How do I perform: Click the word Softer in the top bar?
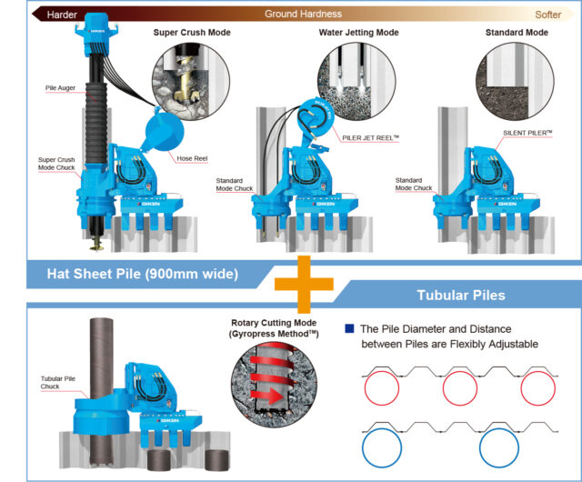(x=547, y=15)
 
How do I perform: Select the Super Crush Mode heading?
(x=191, y=33)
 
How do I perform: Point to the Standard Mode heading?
(x=517, y=33)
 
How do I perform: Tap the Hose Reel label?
(x=194, y=158)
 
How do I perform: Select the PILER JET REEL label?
(x=370, y=137)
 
